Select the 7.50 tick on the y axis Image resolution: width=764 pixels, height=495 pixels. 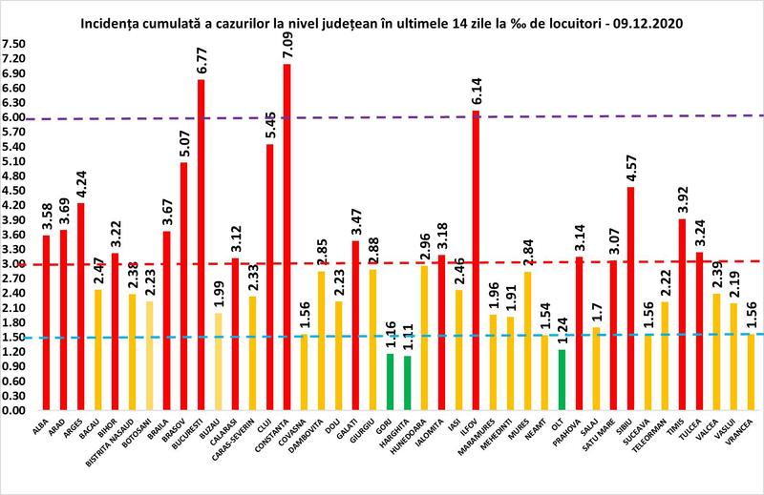click(14, 44)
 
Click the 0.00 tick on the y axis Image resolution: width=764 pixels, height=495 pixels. click(14, 410)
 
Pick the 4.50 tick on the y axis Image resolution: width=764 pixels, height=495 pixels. click(14, 191)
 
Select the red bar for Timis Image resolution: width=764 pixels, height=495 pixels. click(680, 314)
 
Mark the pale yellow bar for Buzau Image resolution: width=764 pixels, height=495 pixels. click(218, 361)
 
